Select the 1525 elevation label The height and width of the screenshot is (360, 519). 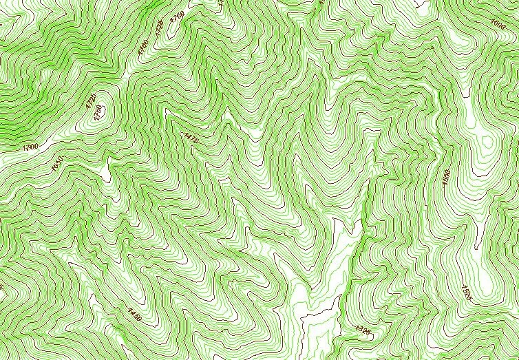coord(467,292)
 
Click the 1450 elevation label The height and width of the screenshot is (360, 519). coord(135,315)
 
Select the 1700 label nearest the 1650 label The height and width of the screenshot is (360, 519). coord(30,147)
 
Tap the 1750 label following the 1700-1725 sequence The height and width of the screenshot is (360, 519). coord(178,16)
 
